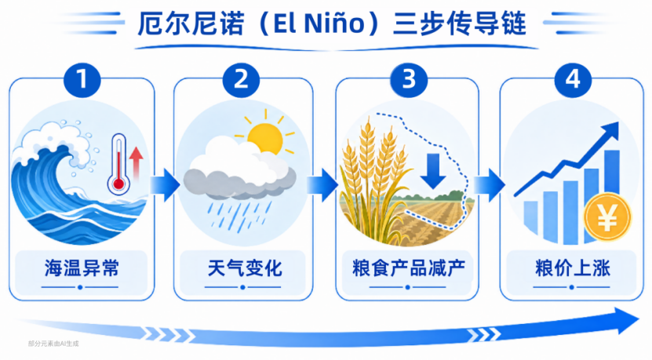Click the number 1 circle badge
pyautogui.click(x=82, y=79)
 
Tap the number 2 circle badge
pyautogui.click(x=241, y=79)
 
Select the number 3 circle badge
pyautogui.click(x=409, y=79)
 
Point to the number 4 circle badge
pyautogui.click(x=573, y=79)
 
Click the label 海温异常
pyautogui.click(x=82, y=268)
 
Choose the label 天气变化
pyautogui.click(x=245, y=268)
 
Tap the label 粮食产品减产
pyautogui.click(x=409, y=268)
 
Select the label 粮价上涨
pyautogui.click(x=573, y=268)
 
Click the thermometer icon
pyautogui.click(x=118, y=164)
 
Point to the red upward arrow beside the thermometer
pyautogui.click(x=136, y=163)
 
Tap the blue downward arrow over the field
pyautogui.click(x=433, y=171)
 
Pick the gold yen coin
pyautogui.click(x=607, y=217)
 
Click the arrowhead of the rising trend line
pyautogui.click(x=611, y=130)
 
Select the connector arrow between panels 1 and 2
pyautogui.click(x=165, y=185)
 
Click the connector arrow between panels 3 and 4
pyautogui.click(x=490, y=185)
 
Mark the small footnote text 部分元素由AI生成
pyautogui.click(x=53, y=344)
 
